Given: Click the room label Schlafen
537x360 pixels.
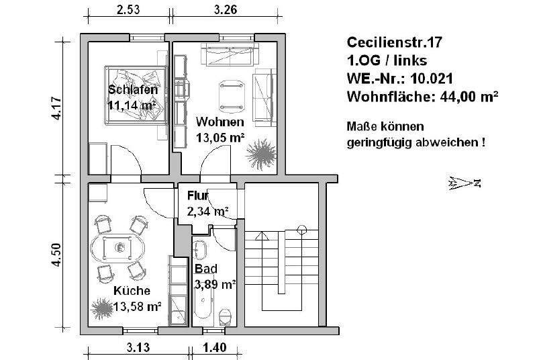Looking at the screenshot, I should pyautogui.click(x=132, y=91).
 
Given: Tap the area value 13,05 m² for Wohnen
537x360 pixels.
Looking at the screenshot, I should pyautogui.click(x=219, y=138).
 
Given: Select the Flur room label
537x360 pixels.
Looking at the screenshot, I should pyautogui.click(x=199, y=196).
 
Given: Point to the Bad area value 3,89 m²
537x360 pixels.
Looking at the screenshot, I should pyautogui.click(x=215, y=284).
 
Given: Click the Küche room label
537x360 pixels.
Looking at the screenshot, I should pyautogui.click(x=132, y=291).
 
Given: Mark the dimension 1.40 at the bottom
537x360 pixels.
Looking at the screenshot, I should pyautogui.click(x=215, y=348).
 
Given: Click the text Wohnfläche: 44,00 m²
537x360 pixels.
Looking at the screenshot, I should pyautogui.click(x=422, y=97).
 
